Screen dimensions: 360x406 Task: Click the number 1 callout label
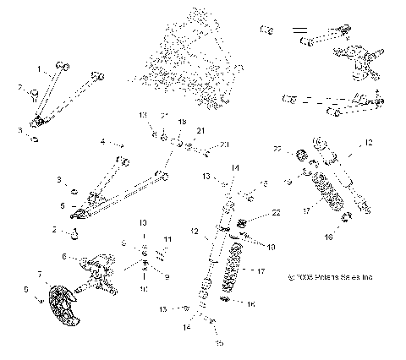point(37,67)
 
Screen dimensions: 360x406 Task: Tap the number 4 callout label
point(102,142)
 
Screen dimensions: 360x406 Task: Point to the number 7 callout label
point(40,275)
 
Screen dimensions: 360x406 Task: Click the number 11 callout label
point(167,240)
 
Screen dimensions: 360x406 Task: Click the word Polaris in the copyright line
point(324,276)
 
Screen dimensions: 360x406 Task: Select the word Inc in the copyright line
point(367,276)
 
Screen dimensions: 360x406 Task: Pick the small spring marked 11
point(159,251)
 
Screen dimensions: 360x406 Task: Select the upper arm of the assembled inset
point(326,38)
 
